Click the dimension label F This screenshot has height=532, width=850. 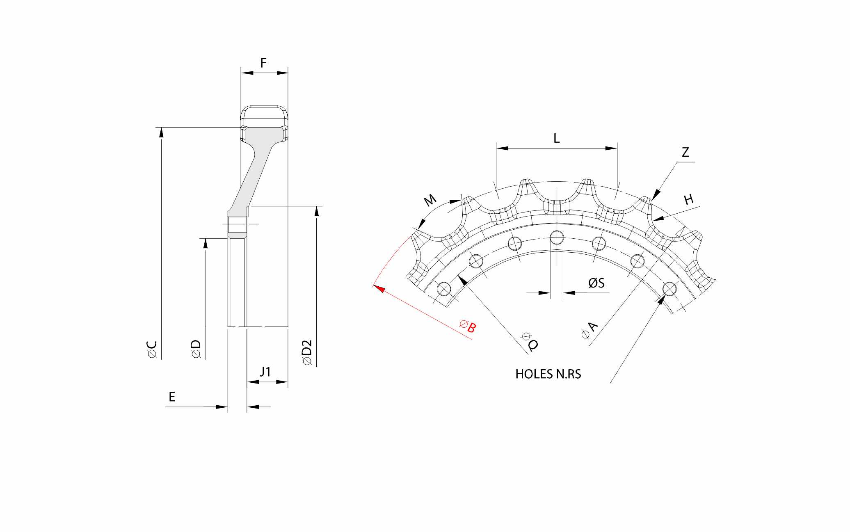tap(263, 63)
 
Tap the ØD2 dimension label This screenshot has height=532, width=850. tap(307, 352)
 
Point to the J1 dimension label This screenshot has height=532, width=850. tap(265, 372)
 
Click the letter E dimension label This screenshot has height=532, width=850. tap(172, 397)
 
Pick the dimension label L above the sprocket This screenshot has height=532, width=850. tap(556, 138)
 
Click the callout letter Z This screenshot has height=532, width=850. tap(685, 152)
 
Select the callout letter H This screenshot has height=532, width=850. tap(689, 200)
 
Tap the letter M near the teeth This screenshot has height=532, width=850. tap(430, 201)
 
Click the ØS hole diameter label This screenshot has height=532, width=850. tap(596, 283)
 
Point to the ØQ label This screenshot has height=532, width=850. tap(529, 342)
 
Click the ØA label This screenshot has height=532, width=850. tap(590, 331)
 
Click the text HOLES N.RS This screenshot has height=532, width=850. tap(548, 374)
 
